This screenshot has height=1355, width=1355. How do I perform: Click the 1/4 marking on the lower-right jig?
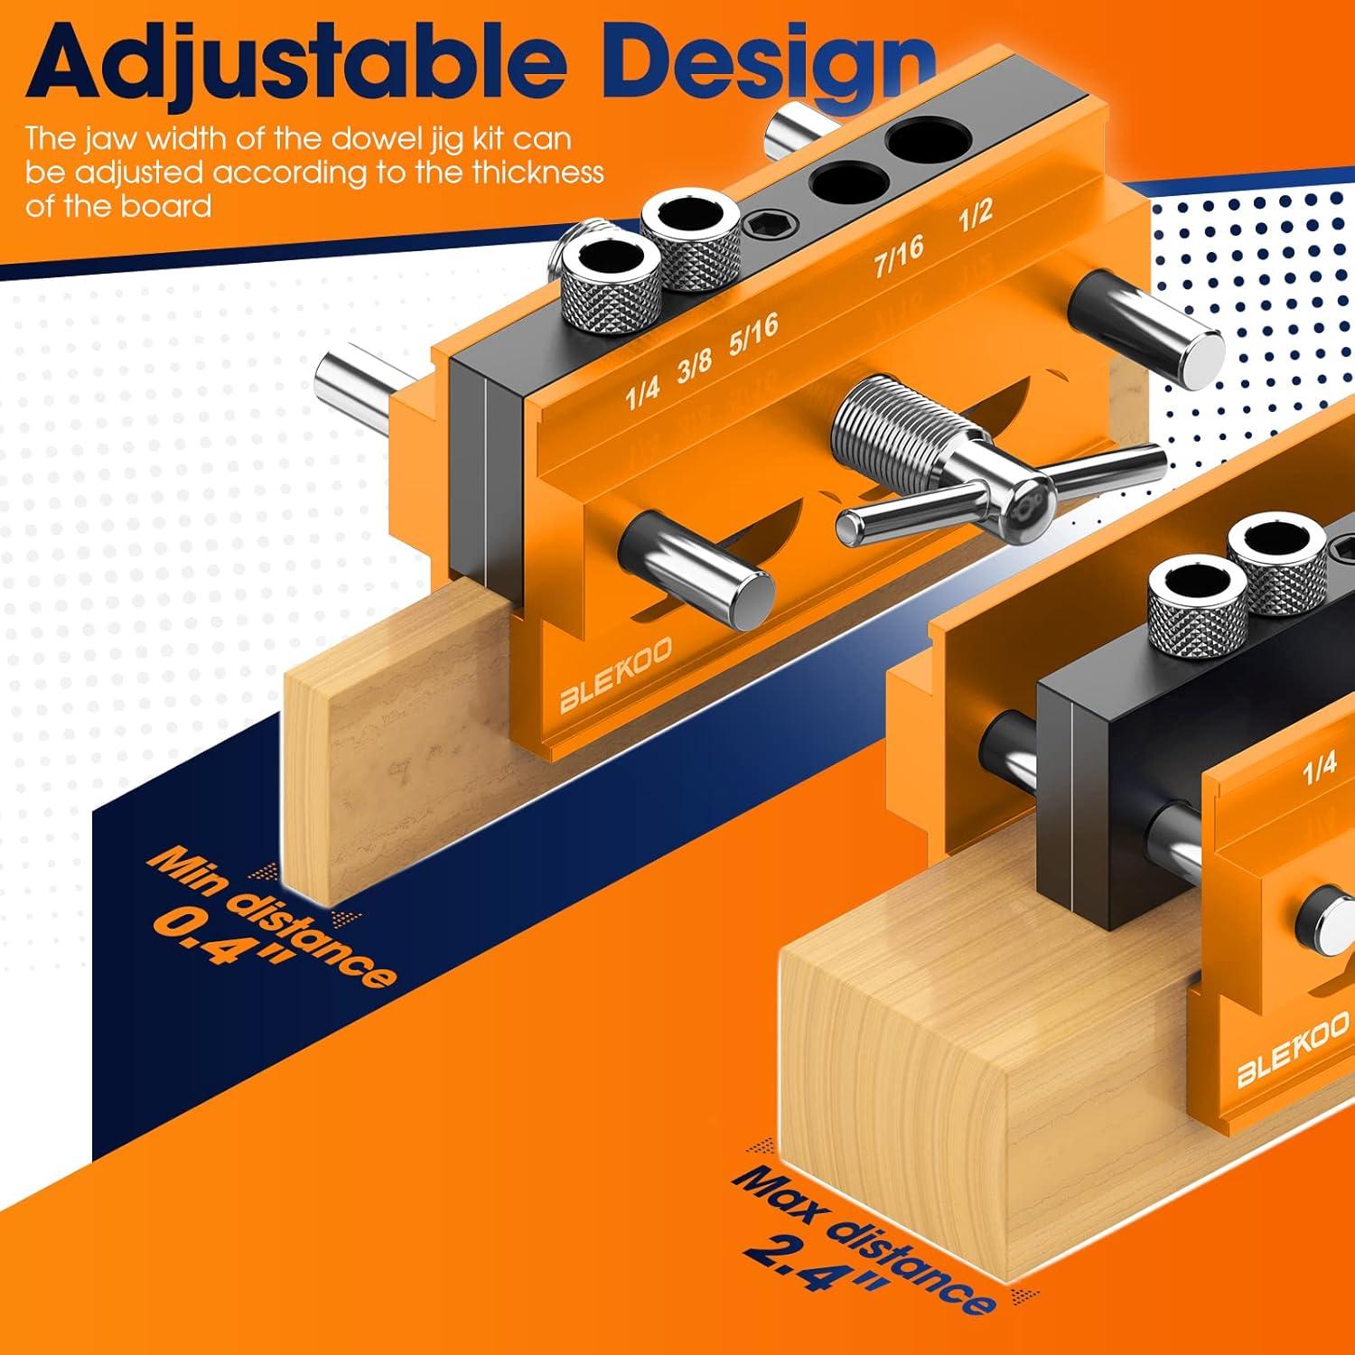[x=1319, y=768]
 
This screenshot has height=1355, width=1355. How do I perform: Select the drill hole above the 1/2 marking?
[x=925, y=141]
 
